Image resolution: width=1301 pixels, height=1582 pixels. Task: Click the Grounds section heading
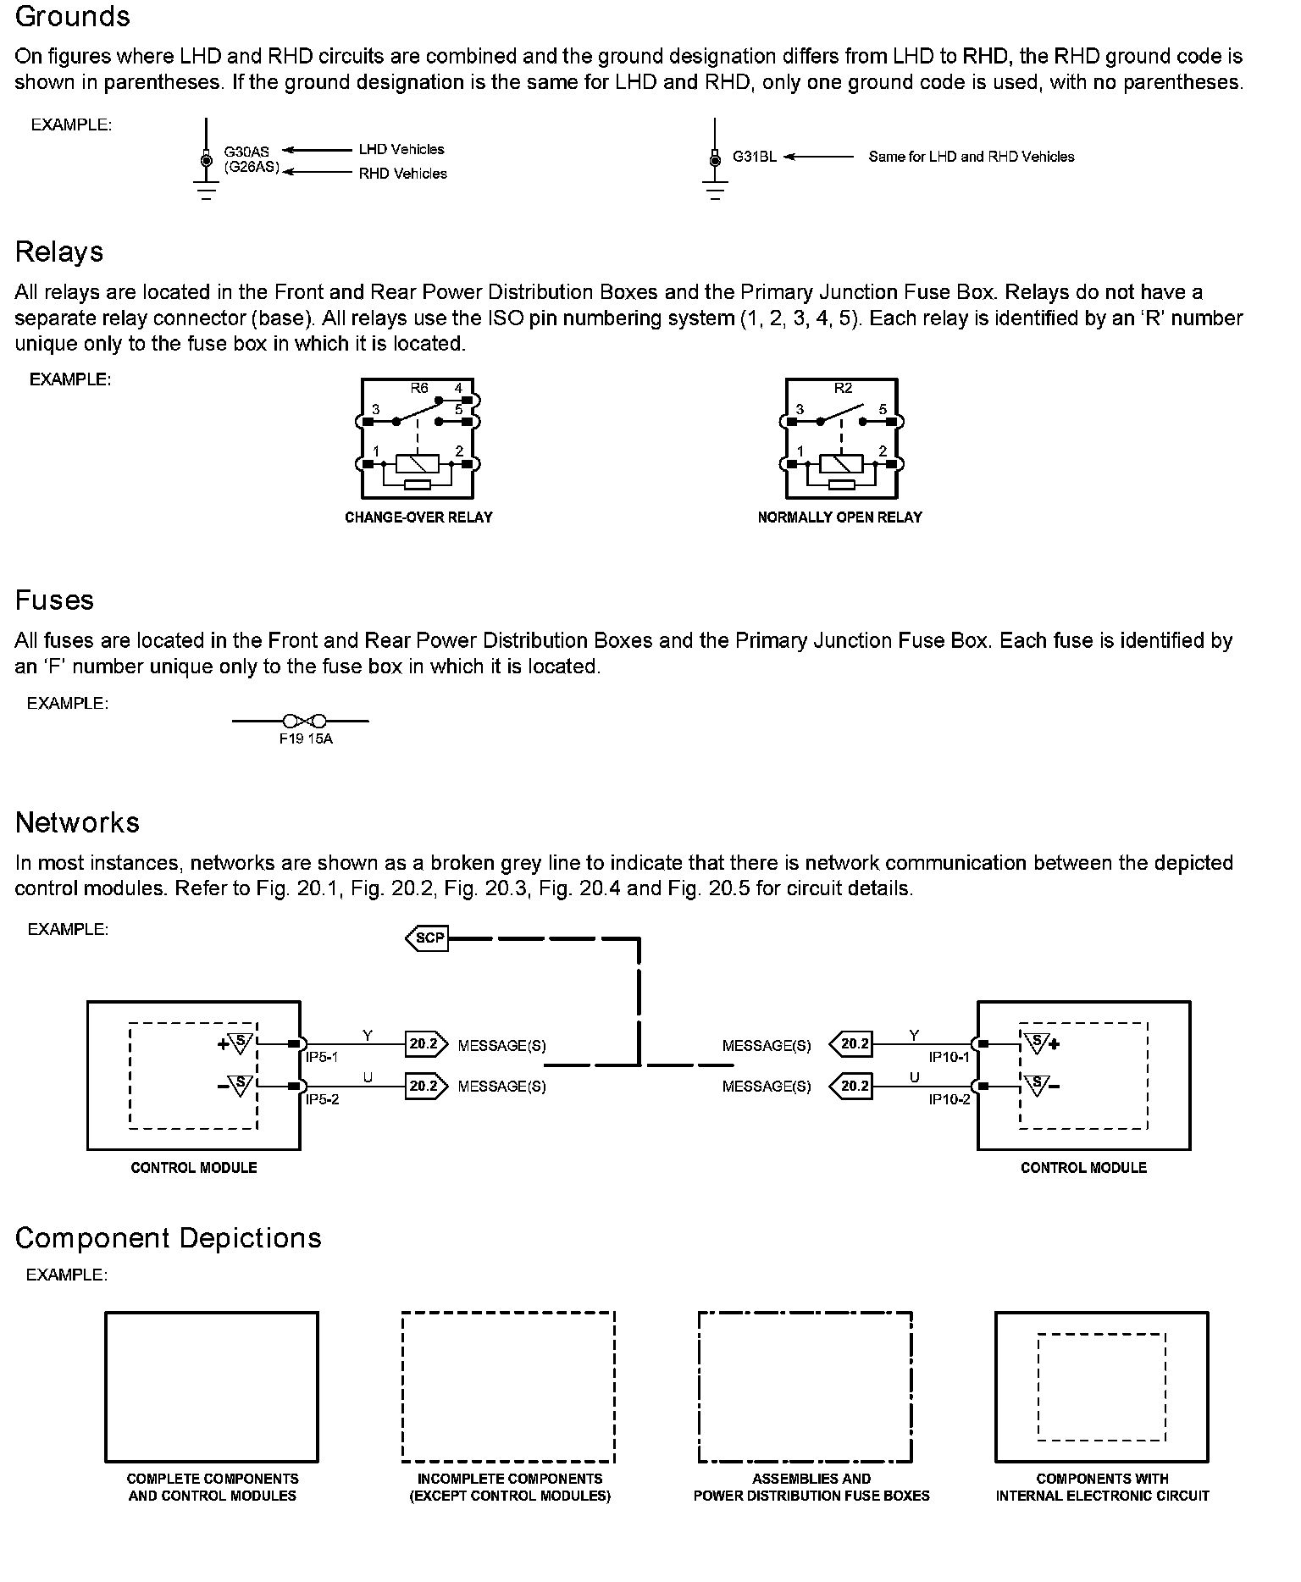(x=73, y=17)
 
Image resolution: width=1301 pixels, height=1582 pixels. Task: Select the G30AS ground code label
(x=246, y=152)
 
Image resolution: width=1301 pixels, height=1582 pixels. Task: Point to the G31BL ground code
(x=754, y=157)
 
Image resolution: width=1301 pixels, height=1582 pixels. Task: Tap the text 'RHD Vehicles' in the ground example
(x=402, y=174)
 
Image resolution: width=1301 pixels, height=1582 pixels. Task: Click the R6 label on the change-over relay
(x=419, y=389)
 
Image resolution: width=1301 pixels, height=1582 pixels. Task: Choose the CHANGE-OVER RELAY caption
(x=418, y=517)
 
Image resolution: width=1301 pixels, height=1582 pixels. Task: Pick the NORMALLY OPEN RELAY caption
(x=839, y=517)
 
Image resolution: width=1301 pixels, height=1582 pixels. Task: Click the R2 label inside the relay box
(x=843, y=389)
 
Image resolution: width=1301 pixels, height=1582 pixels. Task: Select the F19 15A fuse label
(x=306, y=739)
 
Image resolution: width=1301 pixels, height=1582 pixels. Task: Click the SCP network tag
(x=429, y=938)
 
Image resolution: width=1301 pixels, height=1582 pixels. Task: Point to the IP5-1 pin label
(x=322, y=1058)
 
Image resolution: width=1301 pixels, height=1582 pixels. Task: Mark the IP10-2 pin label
(x=949, y=1099)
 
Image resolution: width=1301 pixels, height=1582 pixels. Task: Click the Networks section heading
(x=77, y=822)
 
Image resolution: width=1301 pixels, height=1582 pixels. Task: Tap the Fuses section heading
(x=54, y=600)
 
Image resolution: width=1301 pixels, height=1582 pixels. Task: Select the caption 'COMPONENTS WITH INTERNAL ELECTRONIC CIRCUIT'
(x=1102, y=1487)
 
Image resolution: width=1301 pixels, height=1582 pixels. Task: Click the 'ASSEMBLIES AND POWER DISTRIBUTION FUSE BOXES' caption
(x=811, y=1487)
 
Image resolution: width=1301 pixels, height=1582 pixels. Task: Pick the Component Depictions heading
(x=169, y=1238)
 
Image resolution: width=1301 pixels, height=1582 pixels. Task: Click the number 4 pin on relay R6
(x=458, y=390)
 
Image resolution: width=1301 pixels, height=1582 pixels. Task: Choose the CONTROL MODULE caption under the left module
(x=194, y=1168)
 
